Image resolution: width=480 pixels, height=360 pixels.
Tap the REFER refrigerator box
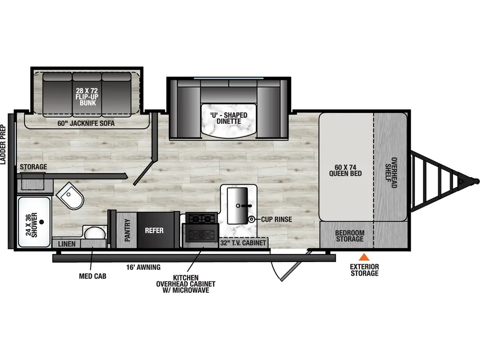[154, 231]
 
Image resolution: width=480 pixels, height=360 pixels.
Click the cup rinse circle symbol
[252, 219]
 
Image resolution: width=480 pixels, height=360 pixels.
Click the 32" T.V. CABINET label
[244, 243]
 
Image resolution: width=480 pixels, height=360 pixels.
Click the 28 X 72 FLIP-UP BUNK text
[87, 95]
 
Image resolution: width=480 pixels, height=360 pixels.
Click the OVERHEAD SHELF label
[391, 172]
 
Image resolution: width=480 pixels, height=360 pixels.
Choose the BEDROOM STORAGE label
[349, 236]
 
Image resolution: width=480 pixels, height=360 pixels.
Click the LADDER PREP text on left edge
[3, 145]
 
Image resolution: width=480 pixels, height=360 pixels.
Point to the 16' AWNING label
[143, 267]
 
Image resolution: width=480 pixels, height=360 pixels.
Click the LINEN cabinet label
[67, 244]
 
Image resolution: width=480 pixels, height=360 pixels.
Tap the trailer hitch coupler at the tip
[475, 180]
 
